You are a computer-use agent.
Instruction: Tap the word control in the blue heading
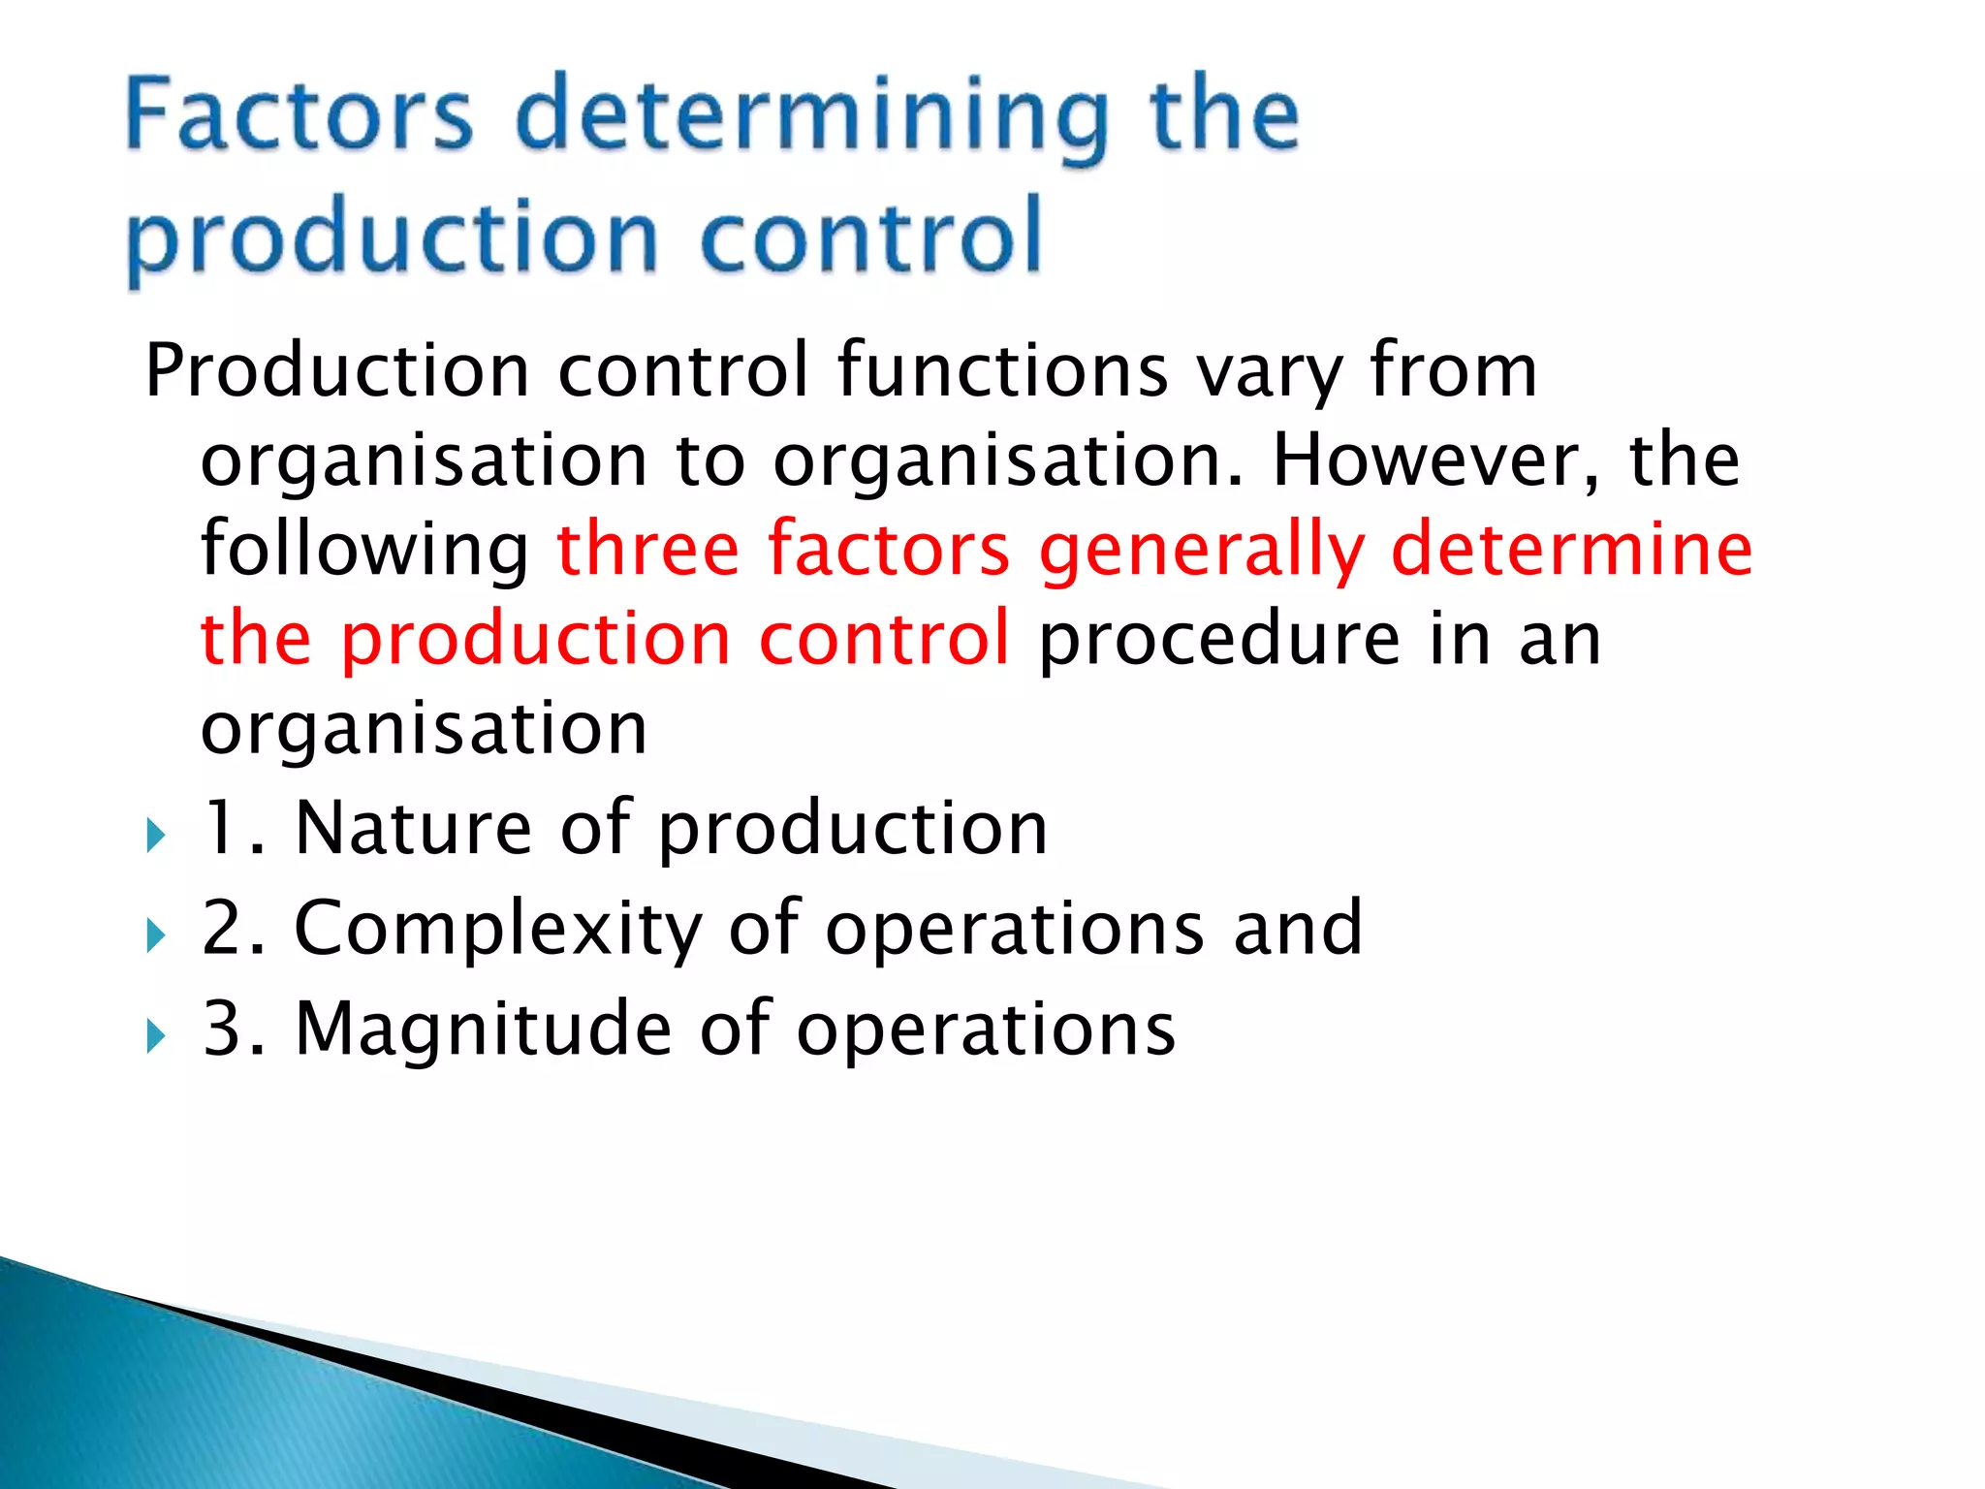pos(869,237)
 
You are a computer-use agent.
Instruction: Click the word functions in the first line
pos(1002,370)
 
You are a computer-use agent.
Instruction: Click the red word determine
pos(1571,549)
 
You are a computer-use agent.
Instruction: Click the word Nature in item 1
pos(414,828)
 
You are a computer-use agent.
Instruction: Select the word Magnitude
pos(483,1030)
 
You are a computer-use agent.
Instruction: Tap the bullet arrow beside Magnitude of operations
pos(155,1035)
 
